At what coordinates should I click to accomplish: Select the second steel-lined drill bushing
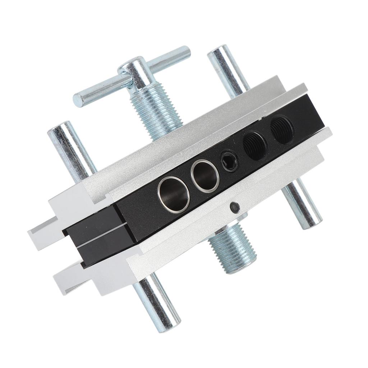click(x=204, y=175)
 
